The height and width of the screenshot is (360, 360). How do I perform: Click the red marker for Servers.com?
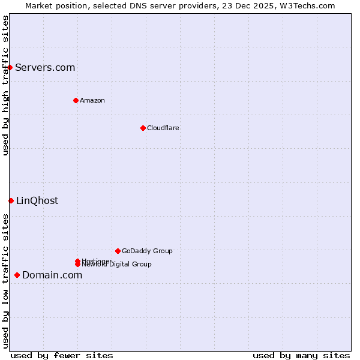[x=10, y=67]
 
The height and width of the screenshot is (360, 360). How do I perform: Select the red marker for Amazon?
[x=76, y=100]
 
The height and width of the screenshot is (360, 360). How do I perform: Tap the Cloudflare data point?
[x=143, y=128]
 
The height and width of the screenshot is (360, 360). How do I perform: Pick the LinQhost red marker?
[x=11, y=200]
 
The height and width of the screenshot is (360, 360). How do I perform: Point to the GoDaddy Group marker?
[x=118, y=251]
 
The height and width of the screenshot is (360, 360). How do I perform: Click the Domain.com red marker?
[x=17, y=275]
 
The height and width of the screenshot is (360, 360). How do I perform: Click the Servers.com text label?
[x=45, y=67]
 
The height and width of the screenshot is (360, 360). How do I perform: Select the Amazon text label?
[x=92, y=100]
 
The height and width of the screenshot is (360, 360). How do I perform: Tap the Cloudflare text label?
[x=163, y=128]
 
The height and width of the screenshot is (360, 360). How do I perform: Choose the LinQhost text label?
[x=37, y=200]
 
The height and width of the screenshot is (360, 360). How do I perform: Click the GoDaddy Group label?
[x=147, y=251]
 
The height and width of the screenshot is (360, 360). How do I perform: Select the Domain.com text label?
[x=52, y=275]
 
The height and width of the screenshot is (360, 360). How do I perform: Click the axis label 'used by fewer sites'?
[x=62, y=355]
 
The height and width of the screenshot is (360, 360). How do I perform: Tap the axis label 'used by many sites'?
[x=301, y=355]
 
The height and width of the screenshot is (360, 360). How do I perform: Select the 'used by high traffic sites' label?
[x=5, y=85]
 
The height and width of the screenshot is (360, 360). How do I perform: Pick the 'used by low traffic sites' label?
[x=5, y=280]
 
